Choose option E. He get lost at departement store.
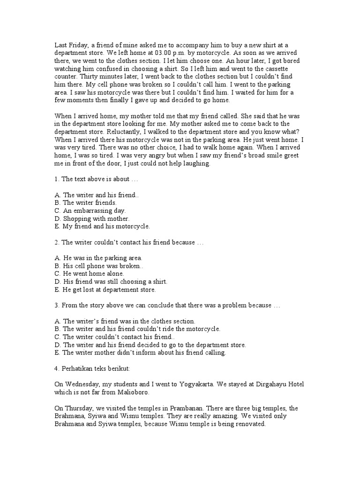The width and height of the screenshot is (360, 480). click(105, 290)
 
